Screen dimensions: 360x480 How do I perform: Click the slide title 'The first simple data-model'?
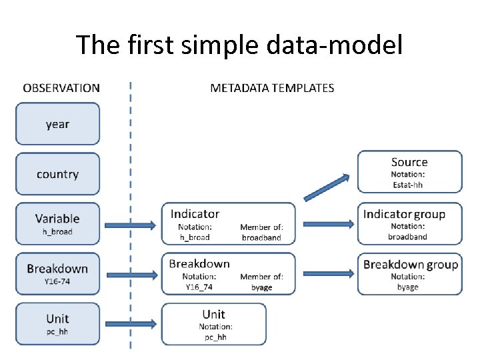239,45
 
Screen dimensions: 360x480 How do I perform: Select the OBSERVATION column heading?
61,87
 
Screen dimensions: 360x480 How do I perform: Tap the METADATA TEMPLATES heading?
272,87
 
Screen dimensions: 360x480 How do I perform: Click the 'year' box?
58,123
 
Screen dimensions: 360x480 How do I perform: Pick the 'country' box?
58,174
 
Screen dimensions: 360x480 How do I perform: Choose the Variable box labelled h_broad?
58,223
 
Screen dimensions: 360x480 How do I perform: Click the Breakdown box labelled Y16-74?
58,273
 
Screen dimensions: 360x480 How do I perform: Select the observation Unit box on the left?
58,323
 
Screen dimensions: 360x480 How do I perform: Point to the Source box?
409,172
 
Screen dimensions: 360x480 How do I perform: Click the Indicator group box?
409,223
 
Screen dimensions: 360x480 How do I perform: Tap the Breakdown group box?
409,273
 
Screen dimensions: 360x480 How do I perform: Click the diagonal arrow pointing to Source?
327,187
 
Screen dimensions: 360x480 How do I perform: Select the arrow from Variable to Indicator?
130,224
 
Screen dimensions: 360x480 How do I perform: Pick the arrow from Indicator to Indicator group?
326,223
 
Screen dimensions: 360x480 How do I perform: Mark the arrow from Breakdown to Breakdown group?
326,273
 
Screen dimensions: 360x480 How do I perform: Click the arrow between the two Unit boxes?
130,324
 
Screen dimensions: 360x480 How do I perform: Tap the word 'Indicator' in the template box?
195,214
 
